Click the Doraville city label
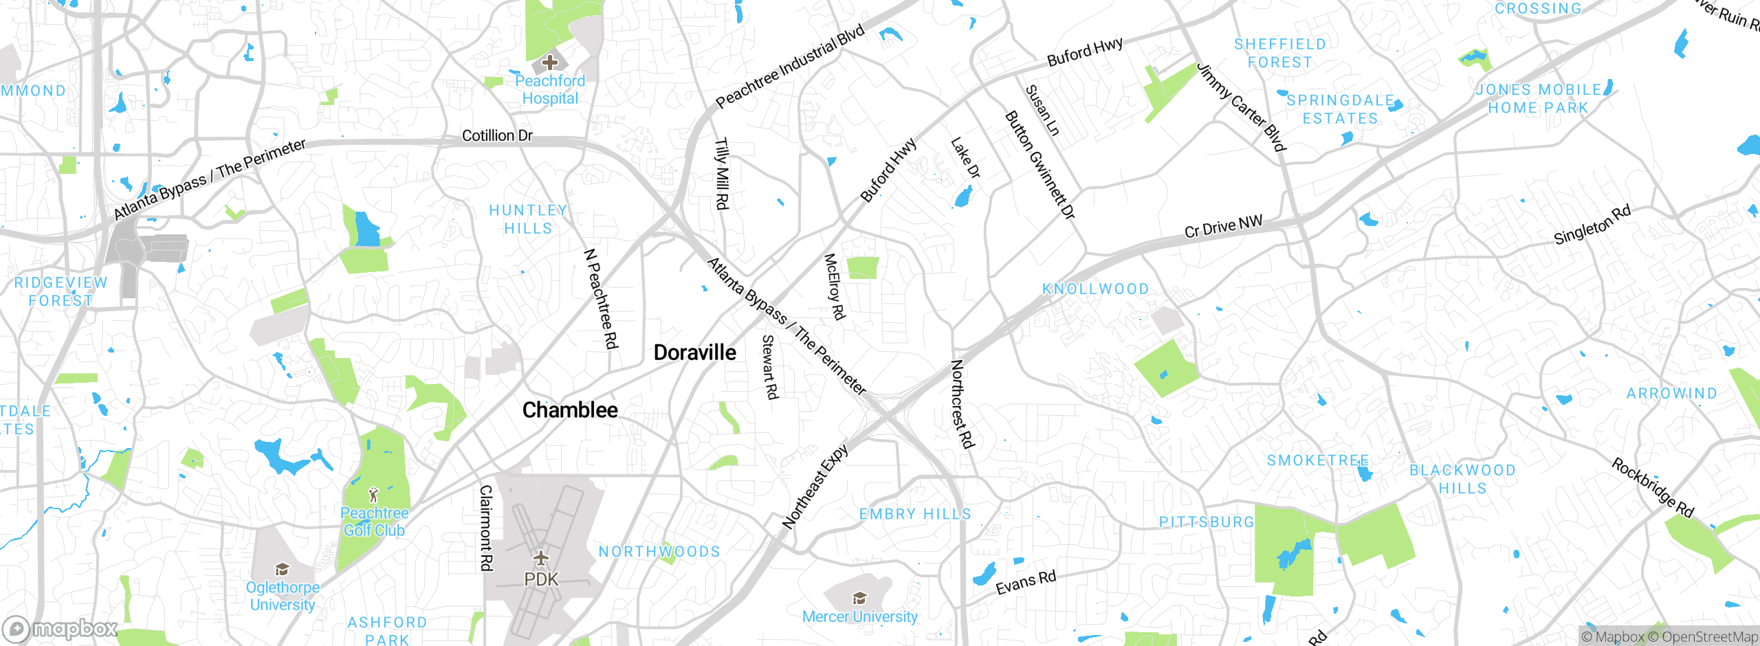694,353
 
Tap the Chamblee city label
570,410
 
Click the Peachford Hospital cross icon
550,63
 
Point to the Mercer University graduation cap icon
859,598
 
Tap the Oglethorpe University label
283,596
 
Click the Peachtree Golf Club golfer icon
373,495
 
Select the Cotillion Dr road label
497,135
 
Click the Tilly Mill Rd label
721,174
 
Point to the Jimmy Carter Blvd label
1242,107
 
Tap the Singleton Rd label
1592,225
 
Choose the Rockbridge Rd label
1653,488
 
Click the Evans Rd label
1026,582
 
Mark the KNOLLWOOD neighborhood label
1095,289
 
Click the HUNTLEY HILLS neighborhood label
528,219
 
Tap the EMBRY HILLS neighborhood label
915,514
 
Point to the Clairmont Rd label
486,528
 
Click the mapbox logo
60,629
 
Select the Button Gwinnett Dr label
1039,166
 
